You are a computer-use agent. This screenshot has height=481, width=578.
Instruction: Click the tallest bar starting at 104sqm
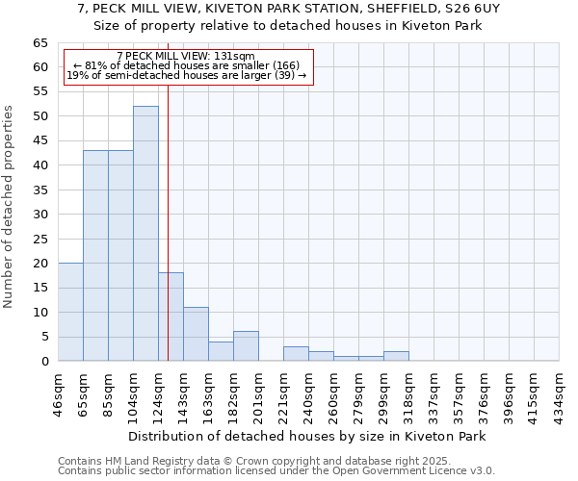point(145,234)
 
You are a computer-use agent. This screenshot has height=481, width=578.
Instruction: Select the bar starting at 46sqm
point(70,312)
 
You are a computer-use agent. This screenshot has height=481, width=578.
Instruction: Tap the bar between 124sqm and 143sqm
point(171,316)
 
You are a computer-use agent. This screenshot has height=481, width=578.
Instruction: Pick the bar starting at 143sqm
point(196,334)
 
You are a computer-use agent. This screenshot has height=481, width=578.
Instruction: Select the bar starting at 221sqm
point(296,353)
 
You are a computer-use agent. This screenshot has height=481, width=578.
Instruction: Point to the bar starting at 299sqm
point(396,356)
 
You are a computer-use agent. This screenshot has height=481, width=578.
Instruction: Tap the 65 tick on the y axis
point(40,43)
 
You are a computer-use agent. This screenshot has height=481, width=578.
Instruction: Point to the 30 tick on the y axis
point(40,215)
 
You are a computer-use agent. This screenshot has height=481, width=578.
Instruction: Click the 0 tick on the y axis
point(44,362)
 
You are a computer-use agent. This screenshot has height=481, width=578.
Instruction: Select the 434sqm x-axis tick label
point(559,392)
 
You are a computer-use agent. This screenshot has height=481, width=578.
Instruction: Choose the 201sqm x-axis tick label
point(258,392)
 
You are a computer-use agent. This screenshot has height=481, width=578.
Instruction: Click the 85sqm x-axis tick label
point(108,392)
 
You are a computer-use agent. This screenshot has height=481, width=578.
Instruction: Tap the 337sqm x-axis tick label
point(433,392)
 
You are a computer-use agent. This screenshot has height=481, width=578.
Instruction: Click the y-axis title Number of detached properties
point(10,208)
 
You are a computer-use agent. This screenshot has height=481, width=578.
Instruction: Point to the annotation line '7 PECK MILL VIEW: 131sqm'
point(185,57)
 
